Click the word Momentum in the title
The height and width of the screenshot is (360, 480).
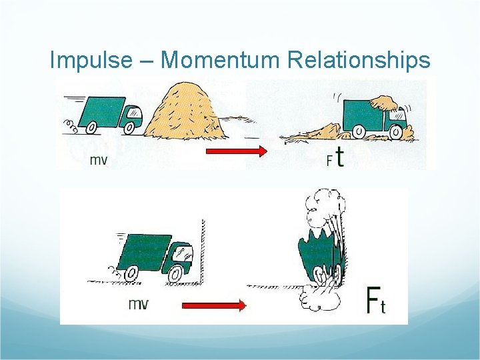coord(221,61)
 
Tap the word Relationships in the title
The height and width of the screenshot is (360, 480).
coord(359,61)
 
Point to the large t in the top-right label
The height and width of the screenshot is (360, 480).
coord(340,157)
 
